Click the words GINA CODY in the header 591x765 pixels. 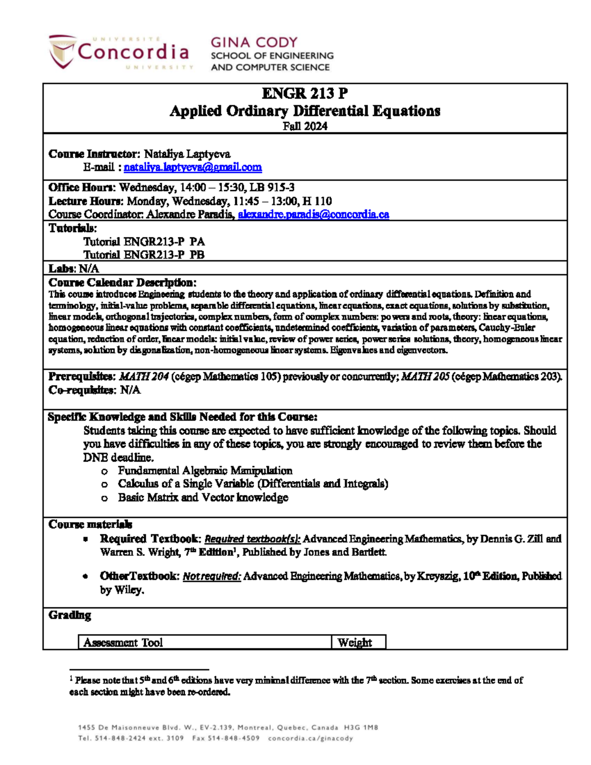pyautogui.click(x=254, y=42)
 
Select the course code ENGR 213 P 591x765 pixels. pyautogui.click(x=305, y=93)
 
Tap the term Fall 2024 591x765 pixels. pyautogui.click(x=305, y=126)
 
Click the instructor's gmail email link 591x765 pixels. pyautogui.click(x=193, y=167)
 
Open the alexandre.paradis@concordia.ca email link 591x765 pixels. pyautogui.click(x=313, y=215)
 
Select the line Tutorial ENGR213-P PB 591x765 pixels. pyautogui.click(x=144, y=255)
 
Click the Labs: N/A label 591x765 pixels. pyautogui.click(x=74, y=268)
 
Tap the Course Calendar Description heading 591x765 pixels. pyautogui.click(x=122, y=283)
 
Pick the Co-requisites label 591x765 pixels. pyautogui.click(x=82, y=390)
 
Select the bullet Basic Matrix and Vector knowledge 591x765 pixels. pyautogui.click(x=203, y=498)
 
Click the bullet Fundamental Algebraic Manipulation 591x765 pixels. pyautogui.click(x=205, y=470)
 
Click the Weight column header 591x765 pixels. pyautogui.click(x=355, y=642)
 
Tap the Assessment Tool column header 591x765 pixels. pyautogui.click(x=123, y=642)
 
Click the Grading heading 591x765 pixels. pyautogui.click(x=69, y=615)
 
